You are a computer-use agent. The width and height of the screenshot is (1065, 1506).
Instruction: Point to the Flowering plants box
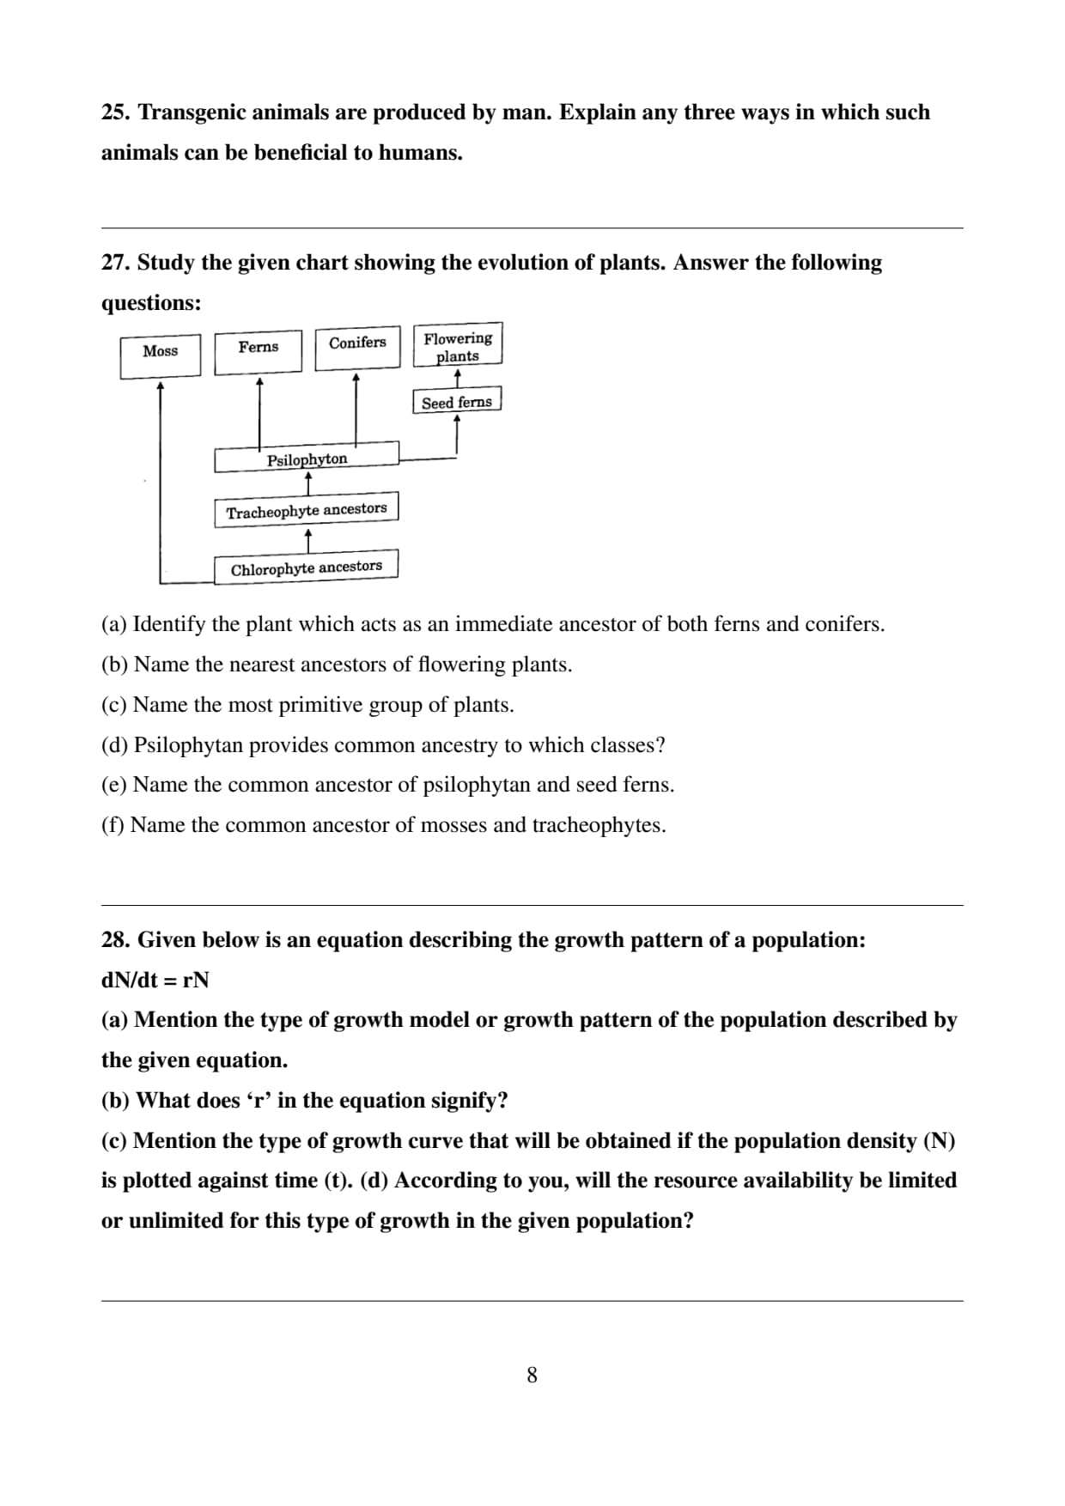(458, 345)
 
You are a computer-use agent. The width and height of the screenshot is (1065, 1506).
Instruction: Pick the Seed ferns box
(457, 401)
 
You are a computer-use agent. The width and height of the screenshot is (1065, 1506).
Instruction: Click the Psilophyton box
(307, 458)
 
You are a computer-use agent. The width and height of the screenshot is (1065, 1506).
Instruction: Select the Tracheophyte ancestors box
(307, 510)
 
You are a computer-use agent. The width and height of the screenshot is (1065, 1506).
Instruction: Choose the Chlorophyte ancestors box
(307, 568)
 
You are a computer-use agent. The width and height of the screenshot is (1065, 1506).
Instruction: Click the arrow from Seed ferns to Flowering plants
(457, 378)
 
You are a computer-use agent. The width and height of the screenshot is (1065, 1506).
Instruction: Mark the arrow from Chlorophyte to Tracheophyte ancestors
(308, 540)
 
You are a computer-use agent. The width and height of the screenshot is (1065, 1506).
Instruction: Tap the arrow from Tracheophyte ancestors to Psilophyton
(308, 484)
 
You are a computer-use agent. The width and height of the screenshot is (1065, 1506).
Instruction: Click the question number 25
(116, 112)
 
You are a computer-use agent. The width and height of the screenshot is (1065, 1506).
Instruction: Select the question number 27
(116, 263)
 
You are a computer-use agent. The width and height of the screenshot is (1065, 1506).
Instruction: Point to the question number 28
(116, 940)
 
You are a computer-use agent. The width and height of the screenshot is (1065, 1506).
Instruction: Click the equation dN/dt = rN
(155, 981)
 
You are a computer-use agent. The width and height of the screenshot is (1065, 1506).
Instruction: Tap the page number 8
(532, 1375)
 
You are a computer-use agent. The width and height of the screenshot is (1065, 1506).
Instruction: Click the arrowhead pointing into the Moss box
(161, 386)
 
